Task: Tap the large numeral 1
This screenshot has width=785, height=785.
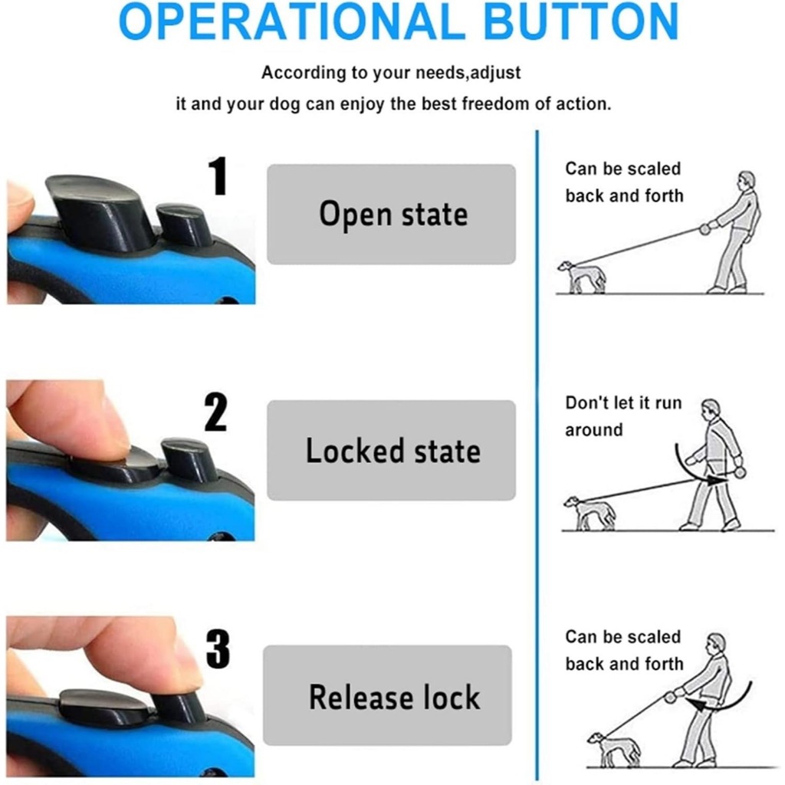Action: click(x=218, y=176)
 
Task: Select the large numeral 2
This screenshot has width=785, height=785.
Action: click(x=215, y=412)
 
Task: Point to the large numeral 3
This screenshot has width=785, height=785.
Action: click(x=218, y=649)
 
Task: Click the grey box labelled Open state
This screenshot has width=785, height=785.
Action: click(x=391, y=215)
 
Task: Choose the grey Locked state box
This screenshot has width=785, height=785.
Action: click(x=391, y=450)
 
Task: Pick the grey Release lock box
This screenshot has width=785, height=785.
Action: click(x=387, y=695)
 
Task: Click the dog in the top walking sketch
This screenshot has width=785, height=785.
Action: click(x=582, y=277)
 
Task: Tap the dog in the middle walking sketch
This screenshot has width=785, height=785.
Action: click(x=590, y=513)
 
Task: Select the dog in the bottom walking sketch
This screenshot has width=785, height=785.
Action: click(x=614, y=750)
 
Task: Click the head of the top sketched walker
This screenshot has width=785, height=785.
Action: click(x=747, y=180)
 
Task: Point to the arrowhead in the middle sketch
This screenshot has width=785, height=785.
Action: click(x=717, y=481)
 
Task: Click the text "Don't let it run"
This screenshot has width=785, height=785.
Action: click(x=623, y=403)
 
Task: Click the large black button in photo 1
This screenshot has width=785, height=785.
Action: click(x=97, y=209)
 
